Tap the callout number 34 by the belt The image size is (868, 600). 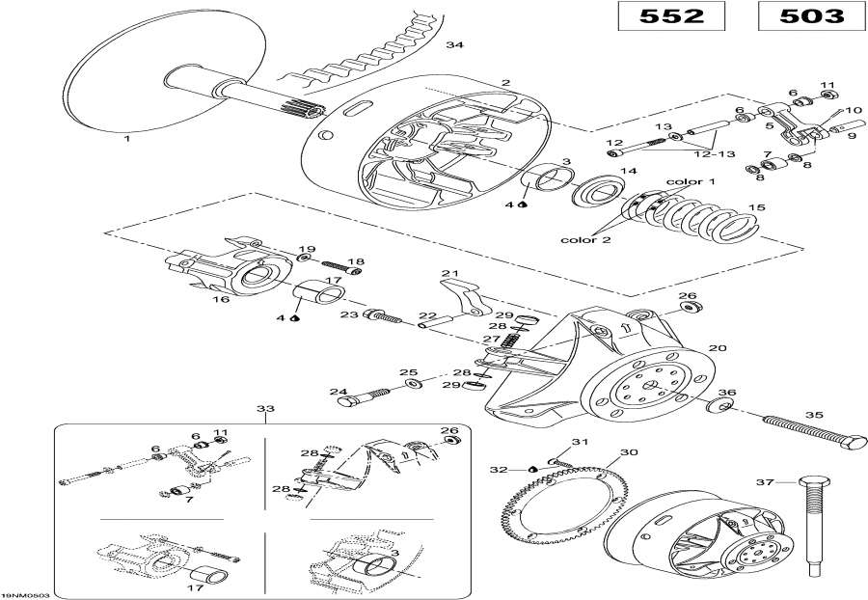click(455, 45)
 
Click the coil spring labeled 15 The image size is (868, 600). click(733, 217)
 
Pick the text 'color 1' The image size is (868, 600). click(692, 181)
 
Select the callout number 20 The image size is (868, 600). click(717, 347)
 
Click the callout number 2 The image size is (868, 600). click(504, 83)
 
